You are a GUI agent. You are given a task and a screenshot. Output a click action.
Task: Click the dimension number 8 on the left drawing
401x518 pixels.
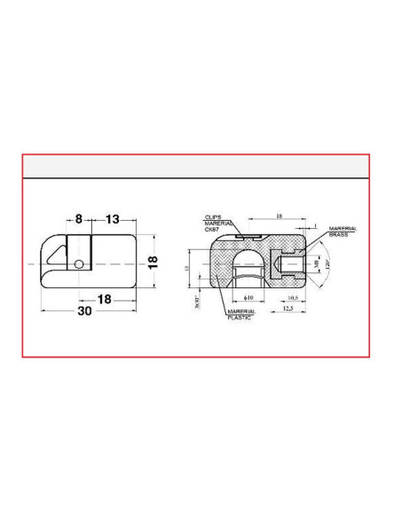(78, 218)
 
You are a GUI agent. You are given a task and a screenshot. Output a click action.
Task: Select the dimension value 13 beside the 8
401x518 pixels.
(113, 218)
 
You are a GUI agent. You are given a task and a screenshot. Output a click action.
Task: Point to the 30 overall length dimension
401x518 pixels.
(84, 311)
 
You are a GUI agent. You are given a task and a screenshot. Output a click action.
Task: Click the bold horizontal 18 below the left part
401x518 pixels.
(105, 299)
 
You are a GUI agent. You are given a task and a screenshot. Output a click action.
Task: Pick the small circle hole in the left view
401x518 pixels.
(80, 263)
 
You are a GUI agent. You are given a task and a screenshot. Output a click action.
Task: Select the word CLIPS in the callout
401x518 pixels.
(212, 216)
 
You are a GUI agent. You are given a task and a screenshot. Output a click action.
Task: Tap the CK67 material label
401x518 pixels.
(213, 230)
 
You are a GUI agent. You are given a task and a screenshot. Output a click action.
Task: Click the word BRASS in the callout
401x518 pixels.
(337, 235)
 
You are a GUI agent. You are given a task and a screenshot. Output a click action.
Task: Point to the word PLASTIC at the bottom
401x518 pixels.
(239, 318)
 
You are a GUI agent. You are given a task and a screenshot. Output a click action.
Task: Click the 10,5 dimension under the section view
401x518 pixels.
(294, 298)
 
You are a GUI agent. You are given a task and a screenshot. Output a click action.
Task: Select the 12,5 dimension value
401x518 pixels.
(289, 309)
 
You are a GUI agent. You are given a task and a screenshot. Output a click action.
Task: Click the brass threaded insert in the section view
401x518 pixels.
(288, 263)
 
